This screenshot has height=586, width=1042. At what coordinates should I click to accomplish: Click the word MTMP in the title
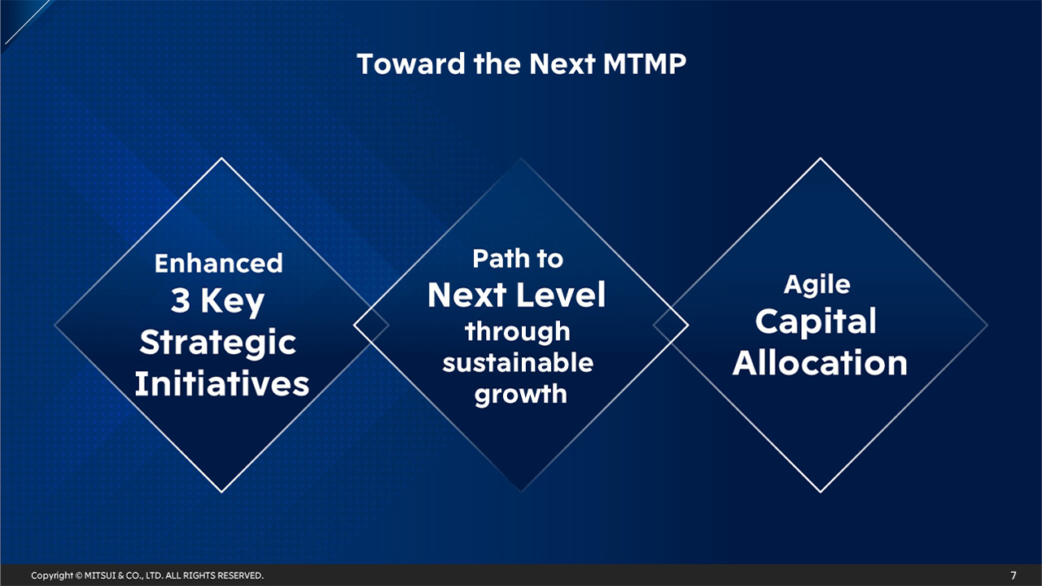tap(645, 64)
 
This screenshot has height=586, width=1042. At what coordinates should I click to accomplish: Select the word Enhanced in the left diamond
tap(218, 264)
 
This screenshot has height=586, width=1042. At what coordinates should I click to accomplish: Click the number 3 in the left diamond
tap(181, 302)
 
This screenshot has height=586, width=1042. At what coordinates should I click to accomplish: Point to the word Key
tap(232, 303)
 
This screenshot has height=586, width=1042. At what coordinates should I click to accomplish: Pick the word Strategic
tap(218, 343)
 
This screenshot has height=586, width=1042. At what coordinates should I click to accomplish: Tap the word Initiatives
tap(221, 383)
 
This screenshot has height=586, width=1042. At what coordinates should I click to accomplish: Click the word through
tap(518, 332)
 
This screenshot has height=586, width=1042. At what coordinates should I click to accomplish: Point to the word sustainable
tap(518, 363)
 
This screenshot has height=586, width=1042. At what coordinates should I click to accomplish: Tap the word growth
tap(520, 395)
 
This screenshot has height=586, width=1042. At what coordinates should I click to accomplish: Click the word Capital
tap(816, 321)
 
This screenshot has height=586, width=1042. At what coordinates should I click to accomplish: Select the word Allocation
tap(820, 362)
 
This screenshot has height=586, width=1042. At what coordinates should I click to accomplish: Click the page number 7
tap(1014, 575)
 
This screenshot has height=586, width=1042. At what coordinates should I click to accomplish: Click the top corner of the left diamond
tap(221, 159)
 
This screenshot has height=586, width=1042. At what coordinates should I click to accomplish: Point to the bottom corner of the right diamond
tap(820, 492)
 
